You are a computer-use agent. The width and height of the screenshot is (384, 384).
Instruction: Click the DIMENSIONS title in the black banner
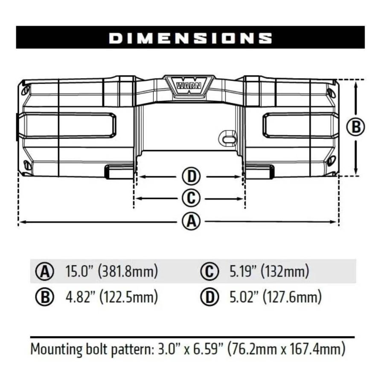[190, 38]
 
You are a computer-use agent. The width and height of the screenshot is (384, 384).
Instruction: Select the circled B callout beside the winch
[355, 127]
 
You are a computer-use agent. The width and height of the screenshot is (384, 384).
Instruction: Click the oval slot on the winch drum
[228, 138]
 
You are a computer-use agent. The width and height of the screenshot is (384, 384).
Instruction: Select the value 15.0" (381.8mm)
[111, 271]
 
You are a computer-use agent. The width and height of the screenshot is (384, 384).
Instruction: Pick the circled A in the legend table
[44, 272]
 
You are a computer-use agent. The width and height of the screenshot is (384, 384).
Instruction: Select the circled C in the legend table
[209, 272]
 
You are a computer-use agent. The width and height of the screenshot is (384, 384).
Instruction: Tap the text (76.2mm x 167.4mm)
[286, 349]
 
